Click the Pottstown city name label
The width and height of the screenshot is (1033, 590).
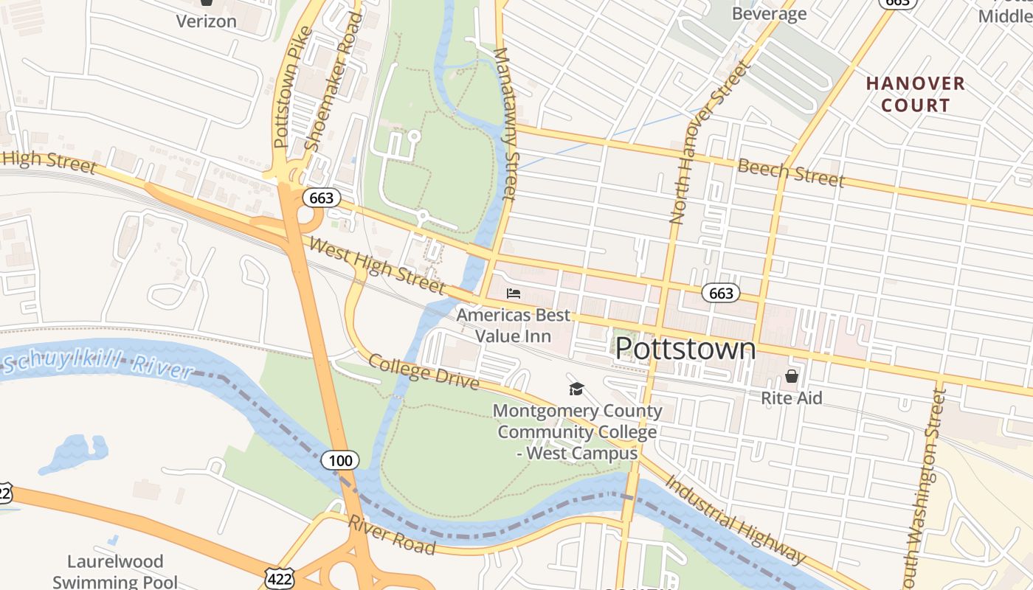[685, 349]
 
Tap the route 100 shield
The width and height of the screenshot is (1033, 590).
[340, 461]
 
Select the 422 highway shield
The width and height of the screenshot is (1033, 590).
[281, 578]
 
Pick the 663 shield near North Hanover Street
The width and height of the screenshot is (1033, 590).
[720, 294]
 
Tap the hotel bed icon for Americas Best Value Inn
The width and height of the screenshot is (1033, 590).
[514, 294]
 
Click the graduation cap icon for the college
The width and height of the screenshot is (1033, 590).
[576, 389]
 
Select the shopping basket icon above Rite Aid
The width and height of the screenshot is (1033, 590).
[792, 376]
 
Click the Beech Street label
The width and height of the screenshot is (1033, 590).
[790, 173]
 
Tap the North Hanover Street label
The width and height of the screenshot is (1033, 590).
[708, 144]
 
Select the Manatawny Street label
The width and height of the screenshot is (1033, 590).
[505, 124]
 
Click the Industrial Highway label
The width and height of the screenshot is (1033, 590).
[735, 519]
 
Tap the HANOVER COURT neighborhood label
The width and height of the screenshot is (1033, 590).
[915, 94]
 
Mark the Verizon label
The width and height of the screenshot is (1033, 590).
[206, 21]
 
